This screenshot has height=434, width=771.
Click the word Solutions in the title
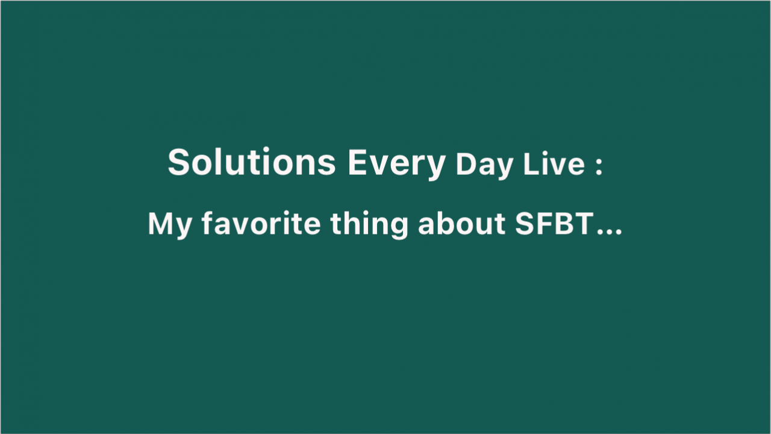click(252, 162)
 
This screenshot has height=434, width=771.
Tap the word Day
click(484, 165)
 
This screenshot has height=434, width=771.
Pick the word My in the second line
click(170, 225)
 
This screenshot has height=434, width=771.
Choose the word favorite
click(261, 223)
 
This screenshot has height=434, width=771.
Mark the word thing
click(369, 225)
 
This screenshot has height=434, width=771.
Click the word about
click(461, 223)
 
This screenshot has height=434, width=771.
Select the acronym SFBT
click(555, 224)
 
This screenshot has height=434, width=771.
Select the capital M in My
click(160, 224)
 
